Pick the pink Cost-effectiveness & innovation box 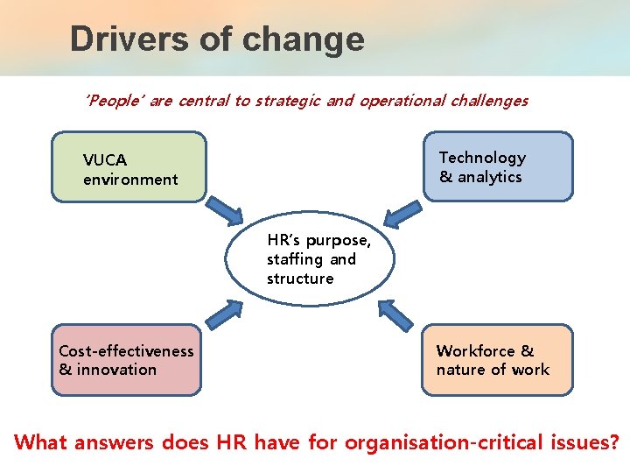coord(126,360)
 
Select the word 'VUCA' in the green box coord(105,160)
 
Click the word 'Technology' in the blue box coord(482,158)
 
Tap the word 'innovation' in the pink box coord(116,370)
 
